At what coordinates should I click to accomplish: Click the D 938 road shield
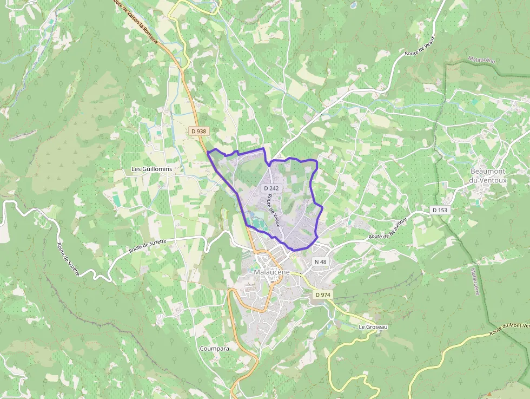(x=198, y=131)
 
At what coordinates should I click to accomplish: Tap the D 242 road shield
(x=271, y=188)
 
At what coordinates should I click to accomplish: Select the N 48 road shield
(x=321, y=261)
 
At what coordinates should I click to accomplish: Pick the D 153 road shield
(x=440, y=210)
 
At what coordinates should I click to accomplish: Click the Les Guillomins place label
(x=151, y=169)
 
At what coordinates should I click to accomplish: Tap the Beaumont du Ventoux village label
(x=489, y=176)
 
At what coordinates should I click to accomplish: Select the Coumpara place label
(x=214, y=349)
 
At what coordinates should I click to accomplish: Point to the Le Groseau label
(x=373, y=327)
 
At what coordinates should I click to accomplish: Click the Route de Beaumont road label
(x=387, y=230)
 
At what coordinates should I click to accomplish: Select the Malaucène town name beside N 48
(x=272, y=272)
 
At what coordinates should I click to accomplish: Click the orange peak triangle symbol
(x=490, y=395)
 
